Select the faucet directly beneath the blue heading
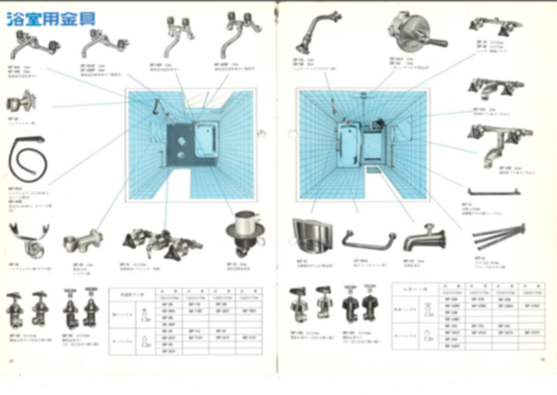pos(28,46)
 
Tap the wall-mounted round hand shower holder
pos(19,101)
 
